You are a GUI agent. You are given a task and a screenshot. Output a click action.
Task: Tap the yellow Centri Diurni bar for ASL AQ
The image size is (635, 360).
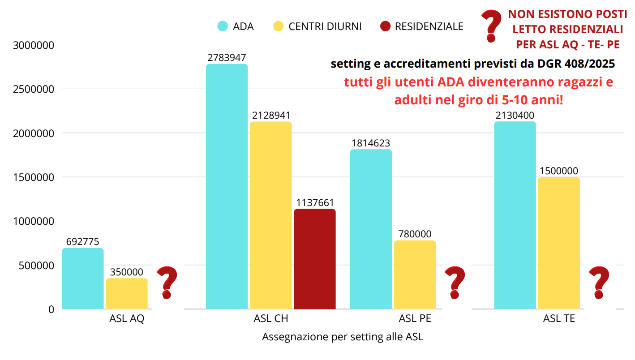click(x=127, y=294)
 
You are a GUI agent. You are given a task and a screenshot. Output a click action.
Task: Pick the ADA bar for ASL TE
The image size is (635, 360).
click(x=515, y=215)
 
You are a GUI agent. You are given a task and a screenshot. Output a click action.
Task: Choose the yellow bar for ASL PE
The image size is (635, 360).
click(x=415, y=275)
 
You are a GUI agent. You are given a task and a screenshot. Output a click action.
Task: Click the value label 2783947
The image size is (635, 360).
click(x=227, y=58)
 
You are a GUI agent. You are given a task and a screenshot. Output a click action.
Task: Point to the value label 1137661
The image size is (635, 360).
click(x=315, y=203)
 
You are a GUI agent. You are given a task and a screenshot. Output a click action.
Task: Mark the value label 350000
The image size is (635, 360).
click(x=127, y=272)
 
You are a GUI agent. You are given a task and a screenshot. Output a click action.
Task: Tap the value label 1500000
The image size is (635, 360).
click(x=559, y=171)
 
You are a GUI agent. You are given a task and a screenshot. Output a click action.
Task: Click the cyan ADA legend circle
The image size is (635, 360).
click(x=223, y=26)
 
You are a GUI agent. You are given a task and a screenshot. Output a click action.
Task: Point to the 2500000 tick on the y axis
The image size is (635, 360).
click(x=34, y=89)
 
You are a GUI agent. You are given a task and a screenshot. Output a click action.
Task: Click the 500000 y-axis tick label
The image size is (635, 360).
click(x=36, y=265)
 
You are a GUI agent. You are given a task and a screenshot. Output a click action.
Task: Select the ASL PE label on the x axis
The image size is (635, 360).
click(x=415, y=319)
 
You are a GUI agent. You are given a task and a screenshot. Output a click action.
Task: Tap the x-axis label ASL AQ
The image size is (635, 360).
click(x=127, y=319)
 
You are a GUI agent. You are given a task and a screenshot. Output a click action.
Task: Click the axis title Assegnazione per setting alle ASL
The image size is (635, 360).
click(x=343, y=337)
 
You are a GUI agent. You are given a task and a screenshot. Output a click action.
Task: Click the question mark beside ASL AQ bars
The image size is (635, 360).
click(x=167, y=283)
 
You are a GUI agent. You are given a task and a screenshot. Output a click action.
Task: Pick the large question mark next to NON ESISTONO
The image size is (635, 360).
click(x=491, y=26)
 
